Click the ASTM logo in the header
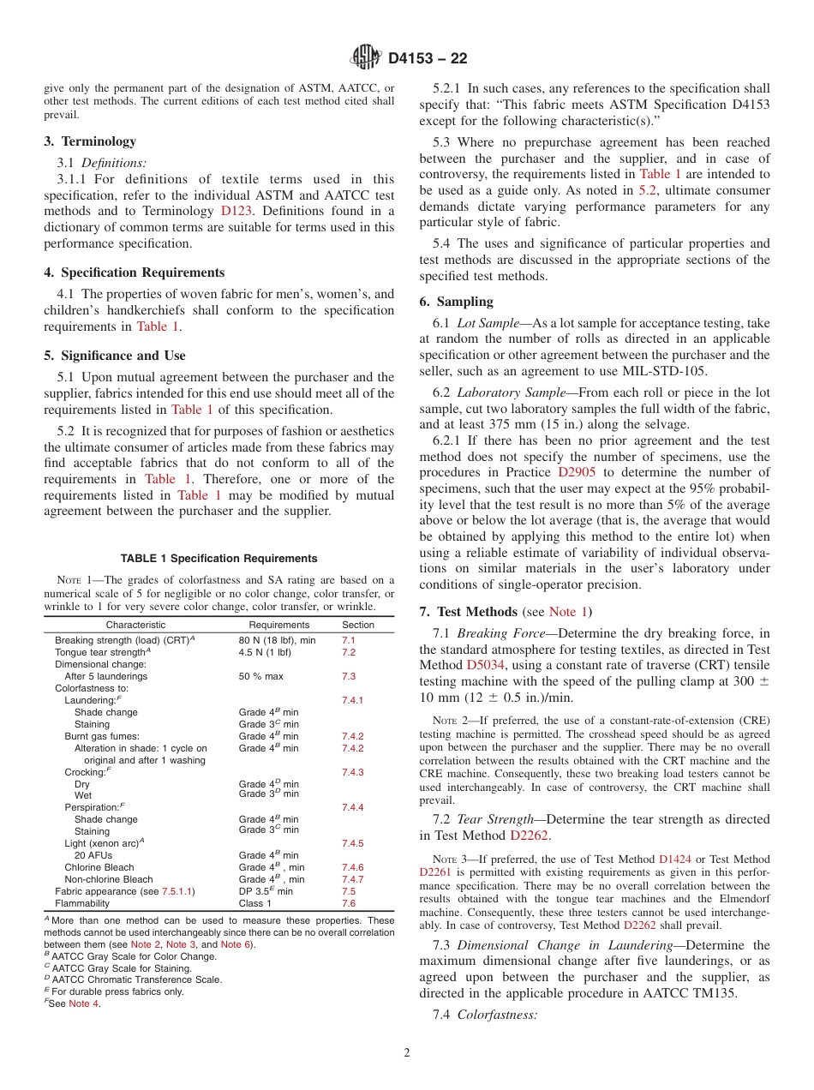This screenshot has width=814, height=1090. (x=366, y=58)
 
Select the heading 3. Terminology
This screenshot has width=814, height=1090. (x=90, y=141)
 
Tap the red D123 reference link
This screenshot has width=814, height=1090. (x=237, y=211)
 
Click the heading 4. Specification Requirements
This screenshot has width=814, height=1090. (x=135, y=272)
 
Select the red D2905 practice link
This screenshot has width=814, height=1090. (x=580, y=472)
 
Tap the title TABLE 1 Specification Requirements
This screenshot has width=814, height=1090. (x=218, y=558)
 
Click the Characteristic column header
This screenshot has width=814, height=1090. (x=135, y=625)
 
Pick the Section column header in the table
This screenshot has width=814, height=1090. (x=358, y=625)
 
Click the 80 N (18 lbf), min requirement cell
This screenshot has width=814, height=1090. (x=277, y=640)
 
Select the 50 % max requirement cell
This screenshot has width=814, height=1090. (x=260, y=676)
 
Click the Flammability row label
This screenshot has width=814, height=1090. (x=82, y=903)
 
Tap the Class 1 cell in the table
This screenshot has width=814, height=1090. (x=254, y=903)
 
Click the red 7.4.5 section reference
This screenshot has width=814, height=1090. (x=352, y=843)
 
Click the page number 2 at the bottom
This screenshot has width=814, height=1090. (x=406, y=1053)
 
